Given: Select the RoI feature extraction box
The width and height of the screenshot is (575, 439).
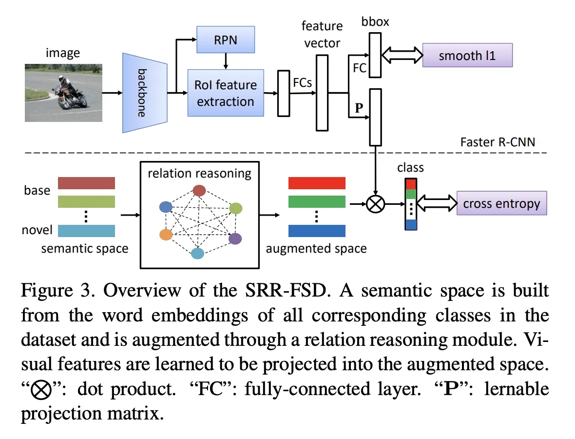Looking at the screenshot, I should click(226, 93).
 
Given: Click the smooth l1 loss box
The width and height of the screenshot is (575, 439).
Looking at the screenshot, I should click(467, 55).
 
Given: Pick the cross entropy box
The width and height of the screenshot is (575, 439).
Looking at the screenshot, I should click(501, 203).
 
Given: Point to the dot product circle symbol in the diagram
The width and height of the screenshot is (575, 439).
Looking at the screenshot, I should click(375, 204).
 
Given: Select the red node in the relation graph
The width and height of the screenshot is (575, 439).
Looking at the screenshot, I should click(199, 190).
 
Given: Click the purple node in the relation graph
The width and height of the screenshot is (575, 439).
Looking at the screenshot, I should click(235, 239).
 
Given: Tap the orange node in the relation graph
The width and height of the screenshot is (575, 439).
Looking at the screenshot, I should click(166, 235).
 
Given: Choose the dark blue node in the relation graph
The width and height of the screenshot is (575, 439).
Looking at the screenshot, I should click(166, 207).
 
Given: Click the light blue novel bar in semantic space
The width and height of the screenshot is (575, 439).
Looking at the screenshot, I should click(86, 230).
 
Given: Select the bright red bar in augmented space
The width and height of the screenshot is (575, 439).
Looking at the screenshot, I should click(317, 183).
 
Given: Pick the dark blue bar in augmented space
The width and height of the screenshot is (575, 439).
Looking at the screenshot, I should click(317, 230).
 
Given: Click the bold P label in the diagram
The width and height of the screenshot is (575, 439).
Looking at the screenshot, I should click(359, 108).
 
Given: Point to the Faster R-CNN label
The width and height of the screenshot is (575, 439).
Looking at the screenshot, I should click(498, 142).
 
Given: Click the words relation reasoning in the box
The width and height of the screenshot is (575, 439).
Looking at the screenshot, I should click(199, 173).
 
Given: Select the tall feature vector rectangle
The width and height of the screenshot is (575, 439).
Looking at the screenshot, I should click(322, 93).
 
